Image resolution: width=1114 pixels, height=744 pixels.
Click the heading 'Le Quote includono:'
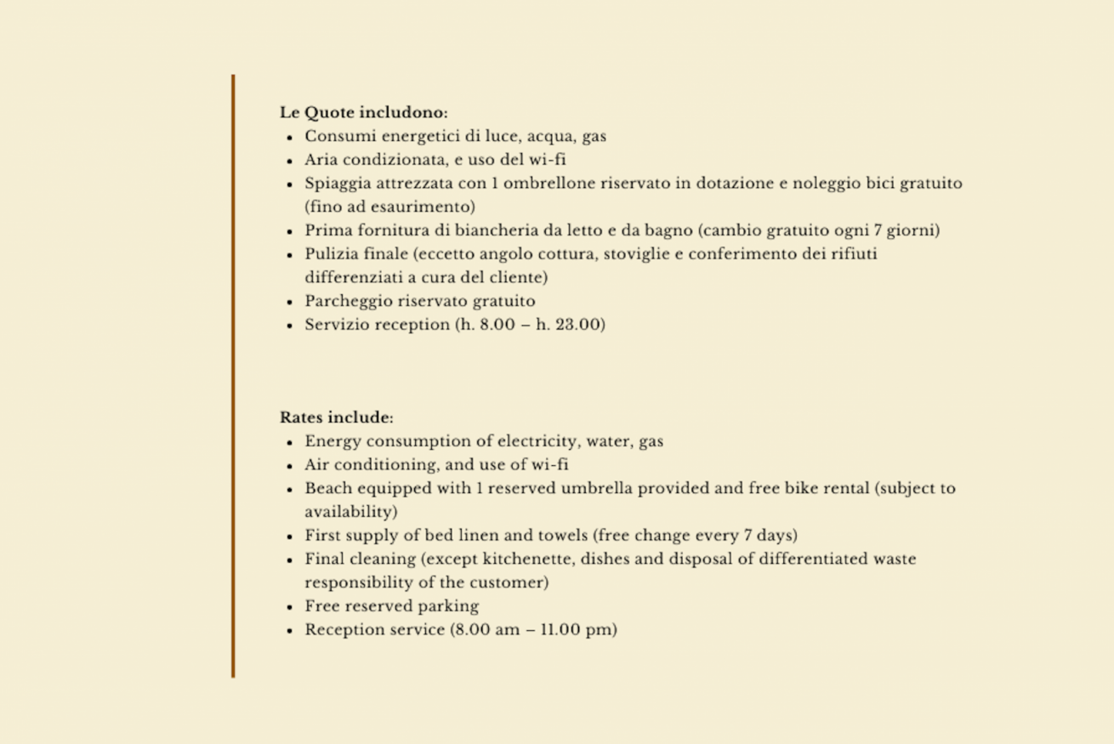coord(363,112)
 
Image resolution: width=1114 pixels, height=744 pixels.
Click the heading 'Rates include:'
coord(336,417)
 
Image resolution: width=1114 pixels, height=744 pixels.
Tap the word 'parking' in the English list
coord(448,606)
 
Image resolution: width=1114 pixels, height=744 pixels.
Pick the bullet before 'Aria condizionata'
coord(290,161)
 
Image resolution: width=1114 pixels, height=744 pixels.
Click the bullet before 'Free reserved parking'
coord(290,607)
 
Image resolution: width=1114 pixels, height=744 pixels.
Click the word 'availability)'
coord(350,513)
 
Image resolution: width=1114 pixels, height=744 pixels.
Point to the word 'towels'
coord(561,536)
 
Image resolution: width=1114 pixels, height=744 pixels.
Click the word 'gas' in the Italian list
coord(594,136)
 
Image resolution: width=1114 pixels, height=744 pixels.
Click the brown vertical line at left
coord(233,374)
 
